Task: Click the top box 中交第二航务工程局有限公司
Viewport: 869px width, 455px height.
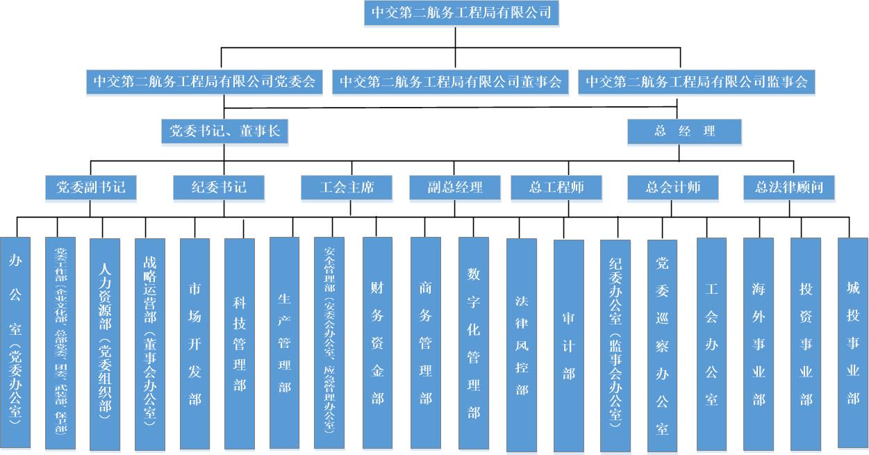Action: click(x=461, y=13)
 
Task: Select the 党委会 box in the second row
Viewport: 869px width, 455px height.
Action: click(x=204, y=82)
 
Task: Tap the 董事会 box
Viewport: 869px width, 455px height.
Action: click(x=450, y=82)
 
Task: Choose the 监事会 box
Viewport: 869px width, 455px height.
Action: click(x=697, y=82)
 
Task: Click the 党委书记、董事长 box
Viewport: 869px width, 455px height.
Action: click(x=224, y=131)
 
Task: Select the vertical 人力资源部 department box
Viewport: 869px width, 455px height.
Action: click(x=105, y=344)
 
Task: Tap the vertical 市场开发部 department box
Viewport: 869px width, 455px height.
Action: click(x=195, y=344)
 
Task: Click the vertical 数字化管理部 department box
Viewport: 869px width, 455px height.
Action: click(x=474, y=344)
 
